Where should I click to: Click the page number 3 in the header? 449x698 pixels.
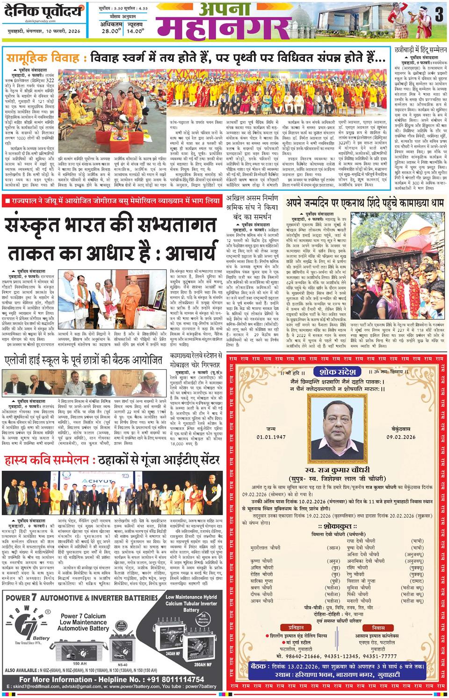438,15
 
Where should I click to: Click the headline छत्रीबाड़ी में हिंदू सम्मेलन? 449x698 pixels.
417,49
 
